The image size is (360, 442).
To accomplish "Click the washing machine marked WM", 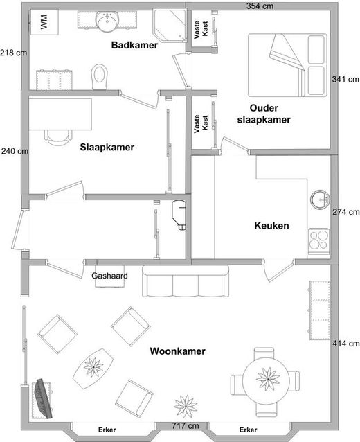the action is (44, 22).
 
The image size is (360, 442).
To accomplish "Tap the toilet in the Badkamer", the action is (100, 77).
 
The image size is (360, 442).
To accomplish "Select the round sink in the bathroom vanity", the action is (107, 21).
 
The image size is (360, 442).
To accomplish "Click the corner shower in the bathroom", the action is (170, 26).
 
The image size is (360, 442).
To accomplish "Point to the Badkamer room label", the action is (134, 45).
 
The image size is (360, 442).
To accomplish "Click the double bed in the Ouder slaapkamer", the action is (287, 65).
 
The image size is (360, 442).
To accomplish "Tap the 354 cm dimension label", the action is (260, 6).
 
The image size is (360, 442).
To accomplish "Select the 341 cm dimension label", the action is (345, 79).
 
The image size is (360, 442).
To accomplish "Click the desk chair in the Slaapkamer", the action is (58, 136).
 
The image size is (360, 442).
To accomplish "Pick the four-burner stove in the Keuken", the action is (319, 240).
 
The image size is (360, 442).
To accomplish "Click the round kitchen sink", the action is (321, 200).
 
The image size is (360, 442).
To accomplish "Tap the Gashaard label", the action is (109, 276).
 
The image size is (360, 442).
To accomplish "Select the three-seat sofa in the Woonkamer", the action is (186, 281).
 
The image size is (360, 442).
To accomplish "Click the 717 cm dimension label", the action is (186, 425).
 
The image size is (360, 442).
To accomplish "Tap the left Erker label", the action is (107, 430).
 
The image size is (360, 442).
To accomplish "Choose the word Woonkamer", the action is (177, 351).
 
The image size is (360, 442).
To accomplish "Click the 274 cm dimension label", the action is (346, 212).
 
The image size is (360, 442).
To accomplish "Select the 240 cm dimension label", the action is (15, 151).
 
